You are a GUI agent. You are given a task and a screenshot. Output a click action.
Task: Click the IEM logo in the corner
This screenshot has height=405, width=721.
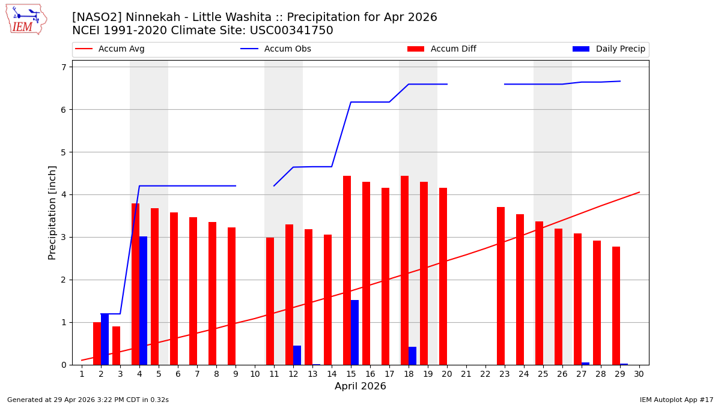26,19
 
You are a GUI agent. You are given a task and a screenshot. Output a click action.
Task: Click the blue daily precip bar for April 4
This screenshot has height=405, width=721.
143,300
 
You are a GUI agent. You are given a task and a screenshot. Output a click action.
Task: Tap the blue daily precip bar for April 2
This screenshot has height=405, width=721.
105,339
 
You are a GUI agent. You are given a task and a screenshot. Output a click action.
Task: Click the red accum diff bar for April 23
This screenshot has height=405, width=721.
500,286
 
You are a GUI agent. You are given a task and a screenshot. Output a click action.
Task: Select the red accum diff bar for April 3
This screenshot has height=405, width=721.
116,346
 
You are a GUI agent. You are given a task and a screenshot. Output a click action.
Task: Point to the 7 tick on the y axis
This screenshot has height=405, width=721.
62,67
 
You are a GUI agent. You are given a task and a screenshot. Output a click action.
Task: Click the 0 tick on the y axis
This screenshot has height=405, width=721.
62,365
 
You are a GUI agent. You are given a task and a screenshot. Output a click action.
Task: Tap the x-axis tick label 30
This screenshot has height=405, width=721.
639,374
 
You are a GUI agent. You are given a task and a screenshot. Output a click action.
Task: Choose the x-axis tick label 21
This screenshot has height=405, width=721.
466,374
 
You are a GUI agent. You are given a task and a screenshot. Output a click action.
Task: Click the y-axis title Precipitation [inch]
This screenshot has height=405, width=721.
53,212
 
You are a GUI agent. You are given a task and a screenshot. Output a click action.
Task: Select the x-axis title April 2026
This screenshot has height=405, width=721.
360,386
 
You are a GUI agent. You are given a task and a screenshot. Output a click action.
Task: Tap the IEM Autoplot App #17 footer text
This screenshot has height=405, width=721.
676,400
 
